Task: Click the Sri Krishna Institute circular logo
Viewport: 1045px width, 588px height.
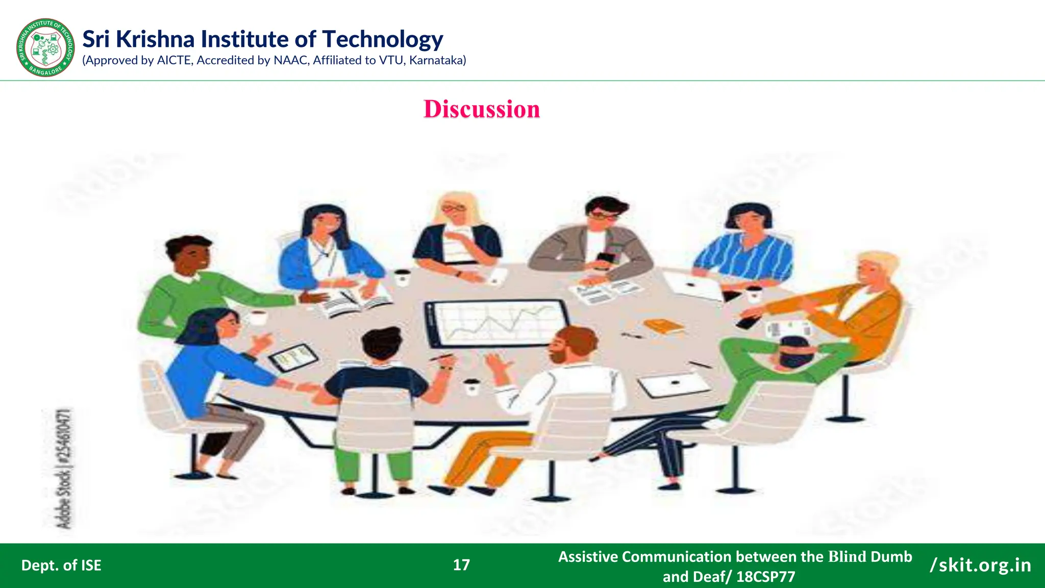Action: [46, 47]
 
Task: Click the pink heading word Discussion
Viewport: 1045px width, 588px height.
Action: [481, 109]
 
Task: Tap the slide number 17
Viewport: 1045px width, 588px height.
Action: [461, 565]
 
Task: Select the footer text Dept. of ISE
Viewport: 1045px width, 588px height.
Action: [61, 565]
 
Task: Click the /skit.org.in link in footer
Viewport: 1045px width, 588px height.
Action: [980, 565]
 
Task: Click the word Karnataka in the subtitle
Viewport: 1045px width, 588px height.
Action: [436, 60]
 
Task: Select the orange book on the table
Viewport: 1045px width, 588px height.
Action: [663, 326]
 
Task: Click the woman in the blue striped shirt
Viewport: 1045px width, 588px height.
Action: [745, 245]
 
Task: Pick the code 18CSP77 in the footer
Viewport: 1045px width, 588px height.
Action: [765, 577]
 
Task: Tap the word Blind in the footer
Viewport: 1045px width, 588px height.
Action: [847, 556]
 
